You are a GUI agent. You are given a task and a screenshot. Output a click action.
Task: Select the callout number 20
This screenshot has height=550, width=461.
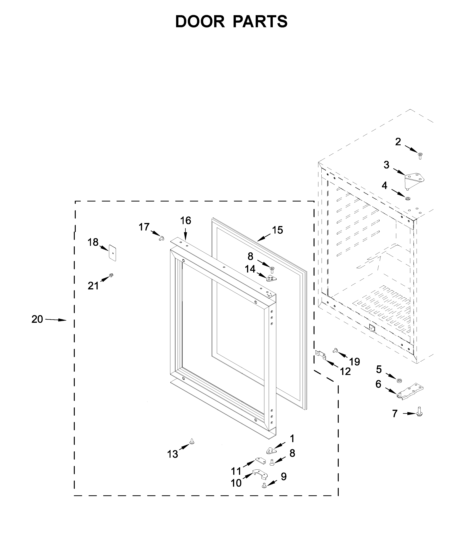click(x=37, y=319)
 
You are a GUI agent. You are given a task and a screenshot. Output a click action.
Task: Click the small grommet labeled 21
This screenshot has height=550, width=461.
click(x=111, y=275)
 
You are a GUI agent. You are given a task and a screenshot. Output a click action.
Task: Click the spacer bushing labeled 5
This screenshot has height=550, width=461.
click(x=400, y=380)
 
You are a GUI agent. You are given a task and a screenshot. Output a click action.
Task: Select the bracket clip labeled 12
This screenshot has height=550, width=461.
click(x=321, y=355)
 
